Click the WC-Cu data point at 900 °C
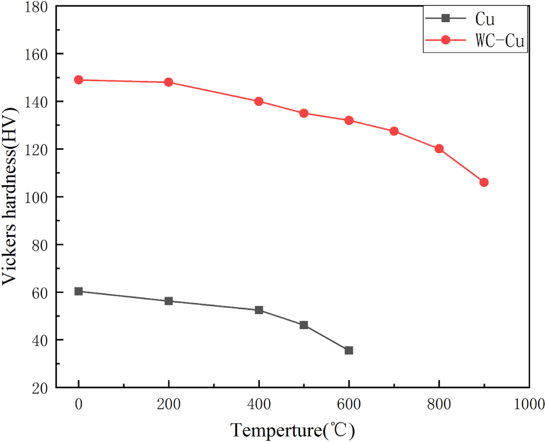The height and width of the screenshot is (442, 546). pos(484,182)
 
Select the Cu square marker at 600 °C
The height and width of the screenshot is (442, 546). pos(349,350)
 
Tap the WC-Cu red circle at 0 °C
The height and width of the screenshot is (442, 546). pos(79,80)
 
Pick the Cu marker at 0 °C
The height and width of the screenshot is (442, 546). pos(79,291)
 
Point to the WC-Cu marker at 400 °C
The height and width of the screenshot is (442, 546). pos(259,101)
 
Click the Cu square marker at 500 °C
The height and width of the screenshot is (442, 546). pos(304,325)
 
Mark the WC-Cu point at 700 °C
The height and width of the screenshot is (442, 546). pos(394,131)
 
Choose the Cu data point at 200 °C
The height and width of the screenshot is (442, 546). pos(169,301)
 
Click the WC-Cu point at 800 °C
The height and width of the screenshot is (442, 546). pos(439,149)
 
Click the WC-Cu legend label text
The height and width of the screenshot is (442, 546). pos(499,41)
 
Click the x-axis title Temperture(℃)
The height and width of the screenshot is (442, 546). pos(293,429)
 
